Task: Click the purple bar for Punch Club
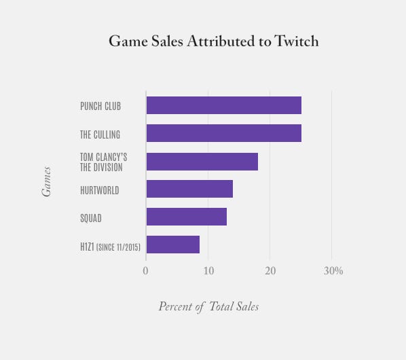[x=223, y=105]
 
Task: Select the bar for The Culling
[x=223, y=133]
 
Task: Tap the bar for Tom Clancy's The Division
[x=202, y=162]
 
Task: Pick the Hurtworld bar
[x=189, y=189]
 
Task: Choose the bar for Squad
[x=186, y=217]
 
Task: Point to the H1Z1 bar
[x=172, y=245]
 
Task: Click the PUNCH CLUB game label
[x=100, y=106]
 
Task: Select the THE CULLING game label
[x=100, y=134]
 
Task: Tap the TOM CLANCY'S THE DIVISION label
[x=103, y=162]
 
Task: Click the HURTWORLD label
[x=99, y=190]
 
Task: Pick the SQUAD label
[x=90, y=218]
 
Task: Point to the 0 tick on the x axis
[x=145, y=271]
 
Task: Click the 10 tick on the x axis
[x=207, y=271]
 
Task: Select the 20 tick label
[x=270, y=271]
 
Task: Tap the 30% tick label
[x=333, y=271]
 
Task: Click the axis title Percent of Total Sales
[x=208, y=306]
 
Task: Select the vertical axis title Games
[x=47, y=182]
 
